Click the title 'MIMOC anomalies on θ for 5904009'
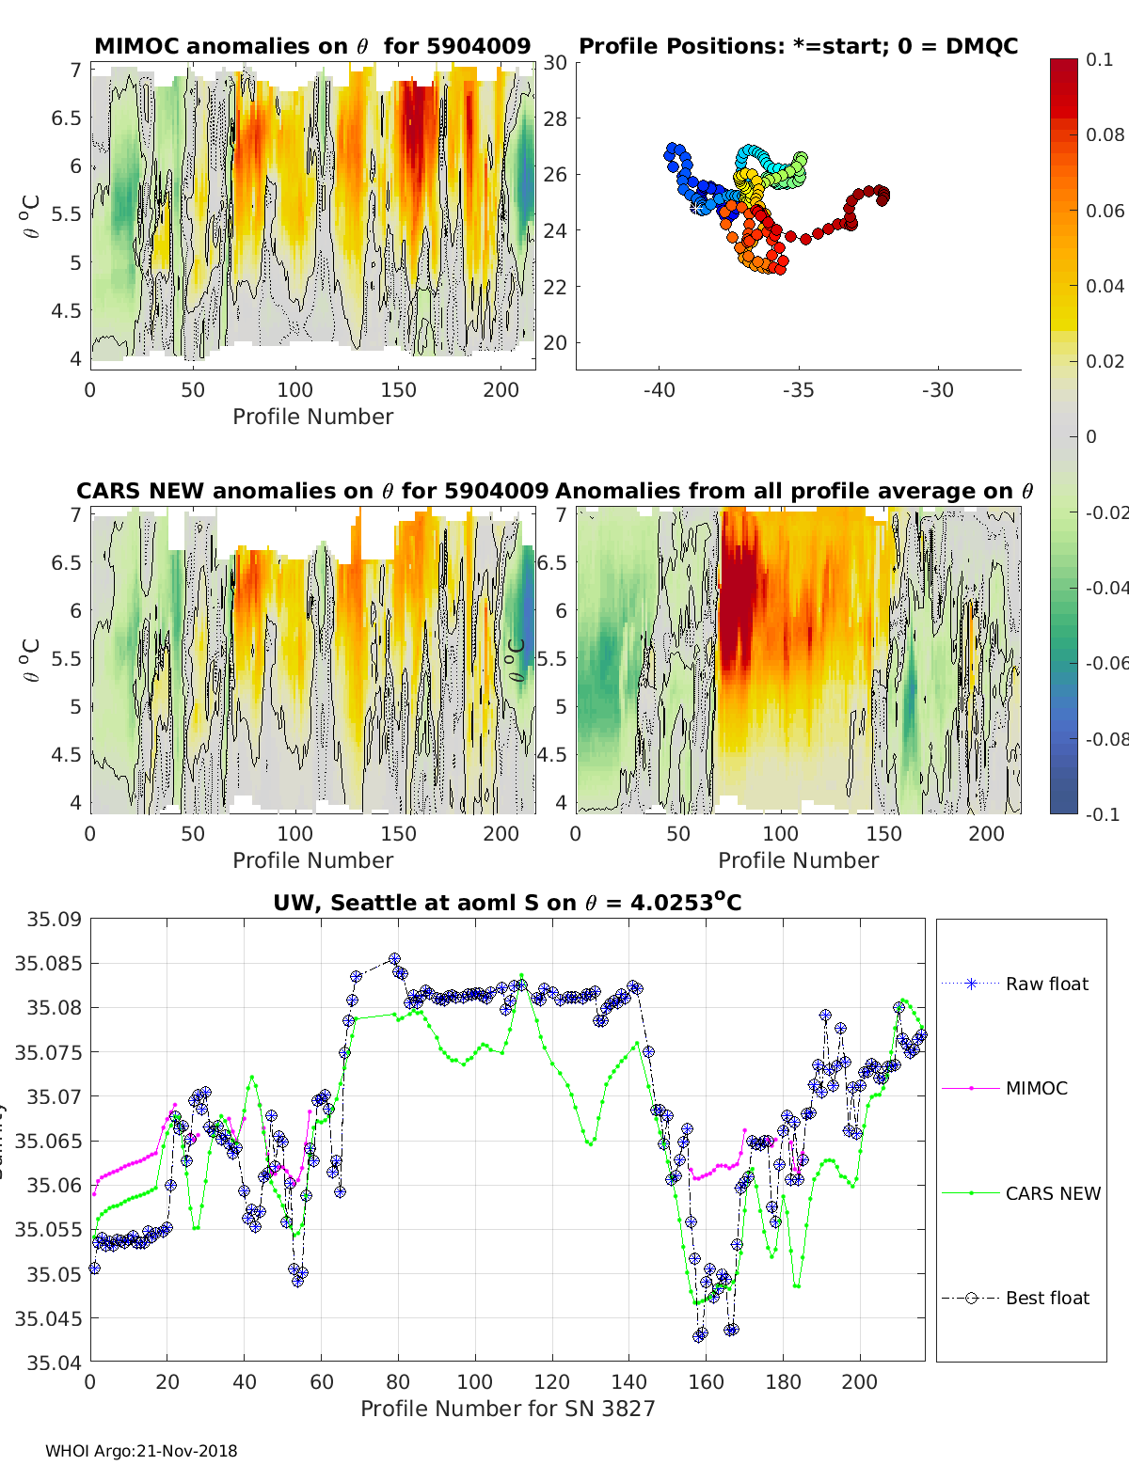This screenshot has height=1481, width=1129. [x=312, y=46]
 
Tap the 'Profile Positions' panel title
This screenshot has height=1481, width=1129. [x=798, y=46]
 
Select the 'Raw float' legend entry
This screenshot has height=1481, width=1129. [x=1046, y=984]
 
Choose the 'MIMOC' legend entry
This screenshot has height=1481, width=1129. [x=1036, y=1088]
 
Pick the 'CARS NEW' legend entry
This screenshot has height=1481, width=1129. [x=1052, y=1193]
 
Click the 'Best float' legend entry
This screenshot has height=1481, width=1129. [x=1046, y=1298]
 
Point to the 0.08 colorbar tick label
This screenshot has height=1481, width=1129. [x=1105, y=134]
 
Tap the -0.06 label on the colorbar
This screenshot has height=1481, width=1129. [x=1105, y=663]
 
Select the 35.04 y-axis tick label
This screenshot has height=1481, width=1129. [x=53, y=1363]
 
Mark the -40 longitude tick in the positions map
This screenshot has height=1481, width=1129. [x=659, y=390]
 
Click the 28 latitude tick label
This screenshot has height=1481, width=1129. [x=555, y=118]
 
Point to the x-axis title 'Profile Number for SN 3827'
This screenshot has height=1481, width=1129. [x=507, y=1409]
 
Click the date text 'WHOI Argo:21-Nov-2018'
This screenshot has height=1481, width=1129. [x=141, y=1451]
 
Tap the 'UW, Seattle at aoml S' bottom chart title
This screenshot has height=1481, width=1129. [x=507, y=903]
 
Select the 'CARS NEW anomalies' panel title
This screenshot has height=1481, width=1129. [x=312, y=491]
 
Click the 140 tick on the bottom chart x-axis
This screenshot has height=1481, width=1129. [x=628, y=1382]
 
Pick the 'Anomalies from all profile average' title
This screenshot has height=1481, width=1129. [x=794, y=491]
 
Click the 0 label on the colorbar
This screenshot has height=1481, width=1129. [x=1091, y=436]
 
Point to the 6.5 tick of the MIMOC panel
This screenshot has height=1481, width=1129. [x=66, y=118]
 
